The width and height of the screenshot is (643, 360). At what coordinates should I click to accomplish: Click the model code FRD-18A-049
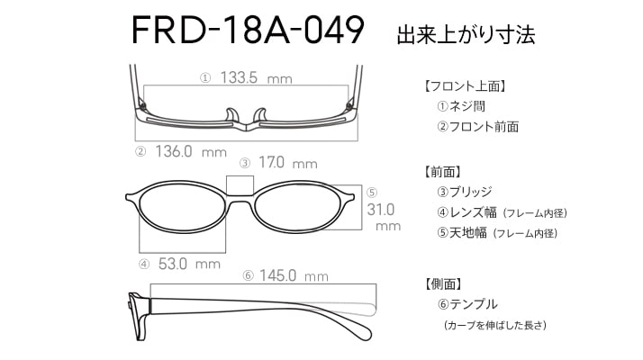point(248,30)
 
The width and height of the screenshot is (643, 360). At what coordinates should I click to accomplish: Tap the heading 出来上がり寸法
point(466,34)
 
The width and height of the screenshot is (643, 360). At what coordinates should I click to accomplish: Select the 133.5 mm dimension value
point(256,77)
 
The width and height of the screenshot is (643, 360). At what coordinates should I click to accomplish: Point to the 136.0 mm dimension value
point(191,152)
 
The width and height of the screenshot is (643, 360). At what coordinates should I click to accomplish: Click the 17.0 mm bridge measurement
point(288,163)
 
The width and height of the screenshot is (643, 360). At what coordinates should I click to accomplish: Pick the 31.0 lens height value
point(381,210)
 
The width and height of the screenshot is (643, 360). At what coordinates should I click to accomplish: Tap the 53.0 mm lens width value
point(189,264)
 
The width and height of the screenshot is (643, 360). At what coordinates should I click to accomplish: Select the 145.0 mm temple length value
point(294,275)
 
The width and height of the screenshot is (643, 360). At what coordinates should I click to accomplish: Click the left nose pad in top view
point(231,115)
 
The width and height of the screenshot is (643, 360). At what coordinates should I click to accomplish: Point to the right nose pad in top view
point(260,115)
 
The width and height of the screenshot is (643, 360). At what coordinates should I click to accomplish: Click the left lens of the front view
point(182,207)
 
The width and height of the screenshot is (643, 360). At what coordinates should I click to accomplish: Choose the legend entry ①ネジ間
point(461,106)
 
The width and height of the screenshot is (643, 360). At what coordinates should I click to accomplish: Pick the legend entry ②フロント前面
point(477,126)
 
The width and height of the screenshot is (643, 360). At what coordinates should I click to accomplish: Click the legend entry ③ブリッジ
point(465,192)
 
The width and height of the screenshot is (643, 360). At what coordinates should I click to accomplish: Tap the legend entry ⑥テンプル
point(467,304)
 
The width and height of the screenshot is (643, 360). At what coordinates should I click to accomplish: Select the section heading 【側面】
point(443,283)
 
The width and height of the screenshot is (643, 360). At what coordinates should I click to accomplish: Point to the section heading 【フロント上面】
point(465,86)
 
